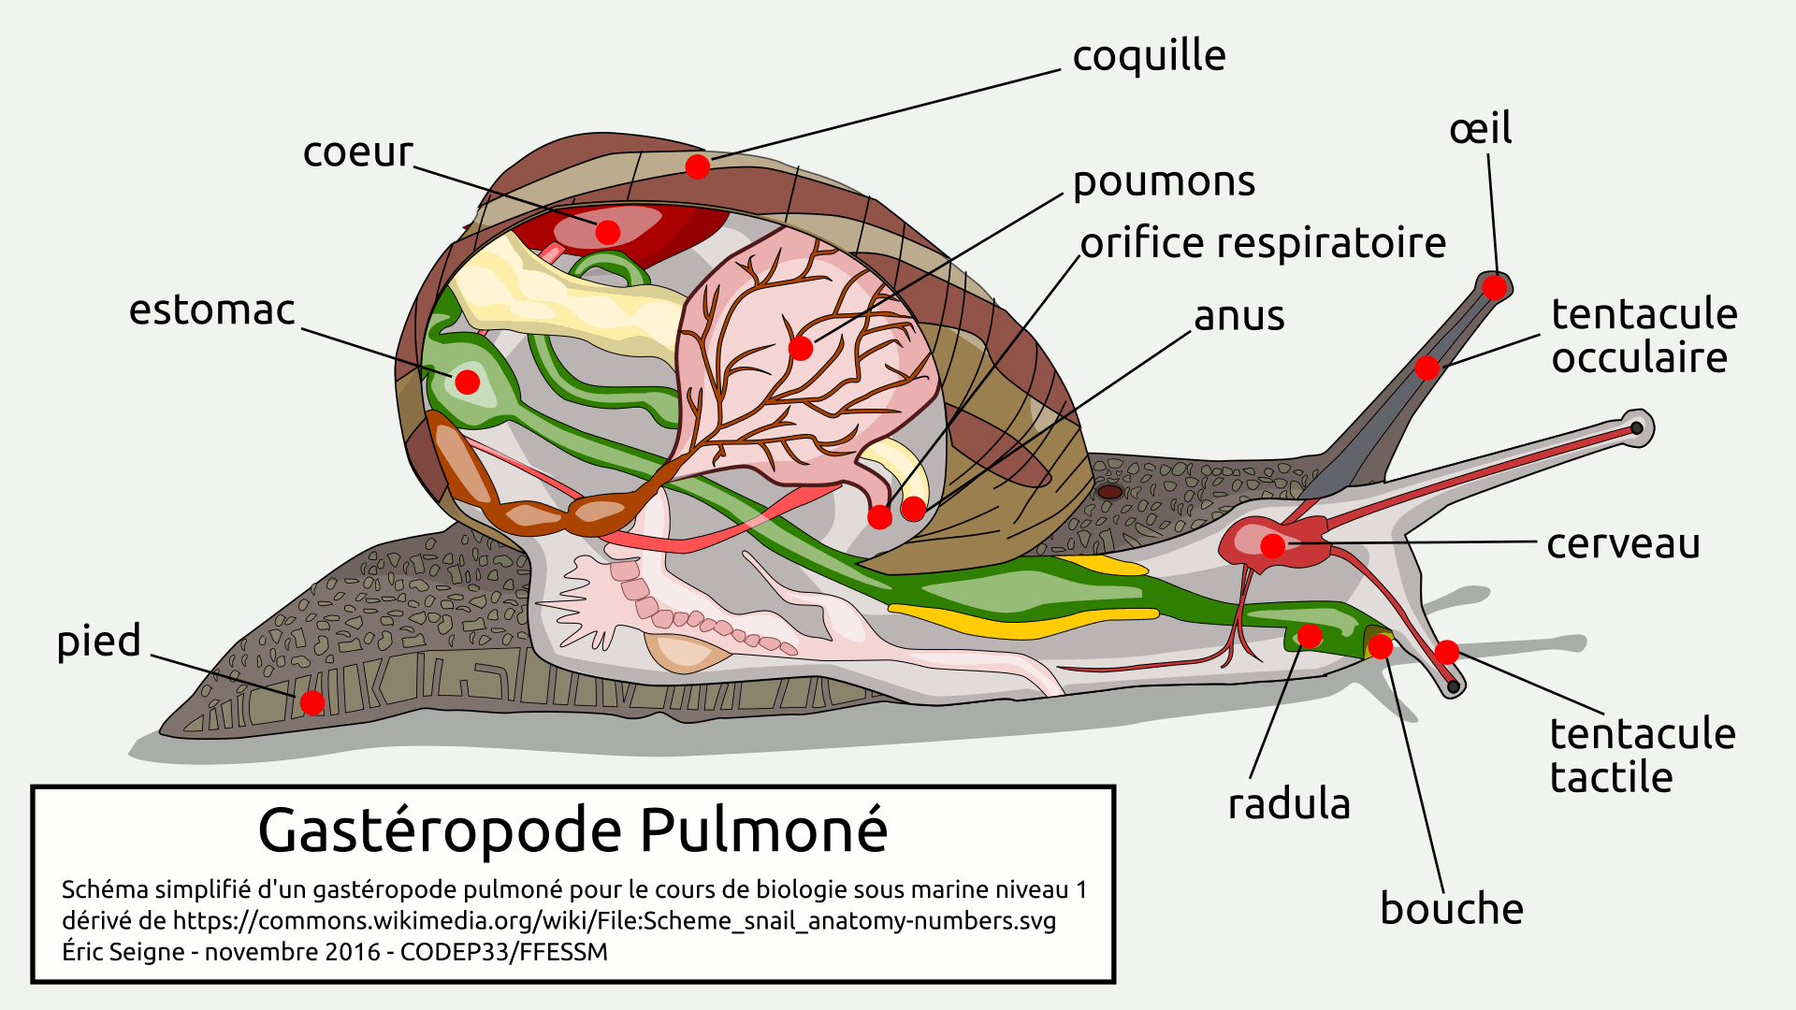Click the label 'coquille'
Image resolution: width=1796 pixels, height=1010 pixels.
point(1149,57)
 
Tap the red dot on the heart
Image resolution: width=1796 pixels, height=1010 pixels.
point(608,232)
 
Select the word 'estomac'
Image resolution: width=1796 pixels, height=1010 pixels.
point(211,310)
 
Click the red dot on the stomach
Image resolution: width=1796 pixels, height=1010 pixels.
point(468,382)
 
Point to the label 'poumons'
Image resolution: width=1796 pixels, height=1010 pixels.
point(1164,182)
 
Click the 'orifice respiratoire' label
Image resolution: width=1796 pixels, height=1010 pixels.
point(1263,243)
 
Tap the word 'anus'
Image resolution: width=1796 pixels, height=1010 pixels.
point(1239,316)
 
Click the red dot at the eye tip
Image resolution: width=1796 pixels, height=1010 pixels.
point(1495,287)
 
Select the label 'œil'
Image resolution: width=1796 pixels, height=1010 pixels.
point(1481,129)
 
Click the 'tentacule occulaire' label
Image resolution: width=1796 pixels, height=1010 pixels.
point(1644,336)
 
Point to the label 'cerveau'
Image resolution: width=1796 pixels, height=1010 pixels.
point(1623,543)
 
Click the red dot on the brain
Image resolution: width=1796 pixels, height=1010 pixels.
point(1273,546)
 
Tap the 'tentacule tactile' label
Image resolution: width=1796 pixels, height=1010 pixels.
point(1642,756)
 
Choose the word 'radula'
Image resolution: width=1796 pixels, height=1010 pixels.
point(1289,804)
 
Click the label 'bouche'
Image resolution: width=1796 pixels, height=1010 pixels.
point(1452,909)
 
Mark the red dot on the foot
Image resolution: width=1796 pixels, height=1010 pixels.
point(312,702)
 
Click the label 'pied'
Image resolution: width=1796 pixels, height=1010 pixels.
point(99,642)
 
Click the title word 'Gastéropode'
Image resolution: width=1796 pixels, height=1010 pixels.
point(440,830)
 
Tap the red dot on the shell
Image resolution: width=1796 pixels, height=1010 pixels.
point(698,166)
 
